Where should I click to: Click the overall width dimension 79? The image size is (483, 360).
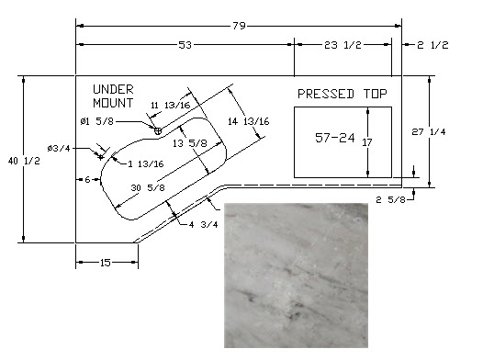coord(239,26)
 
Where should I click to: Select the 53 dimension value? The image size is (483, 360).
coord(185,45)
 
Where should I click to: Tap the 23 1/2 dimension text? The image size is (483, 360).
coord(343,45)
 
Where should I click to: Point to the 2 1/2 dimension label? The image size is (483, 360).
coord(432,45)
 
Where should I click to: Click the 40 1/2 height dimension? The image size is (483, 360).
coord(24,161)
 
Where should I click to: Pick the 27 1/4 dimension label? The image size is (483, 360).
coord(429,132)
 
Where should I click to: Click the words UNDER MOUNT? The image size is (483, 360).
coord(113,96)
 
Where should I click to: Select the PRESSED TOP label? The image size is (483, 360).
coord(343,94)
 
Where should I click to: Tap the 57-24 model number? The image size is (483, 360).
coord(335,138)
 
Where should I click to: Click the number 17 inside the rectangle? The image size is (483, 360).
coord(367,142)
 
